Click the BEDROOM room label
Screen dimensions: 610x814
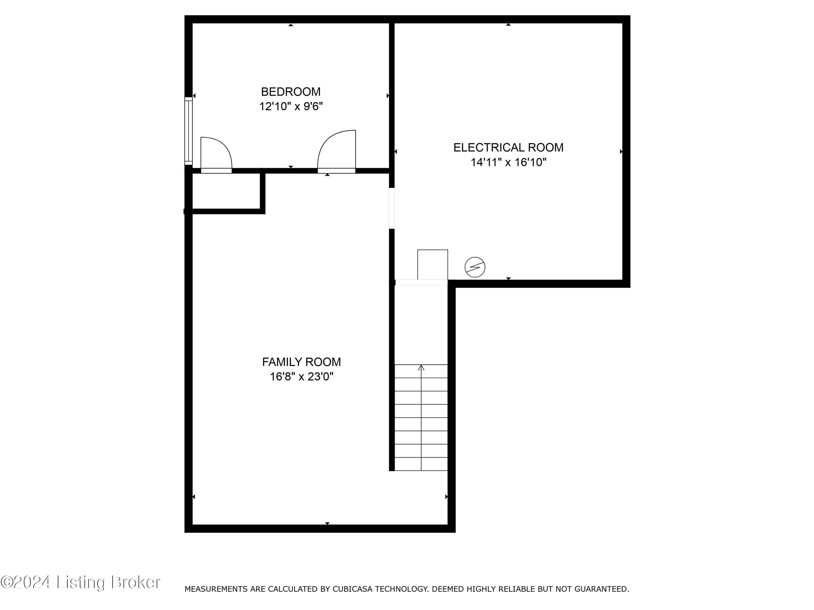[291, 92]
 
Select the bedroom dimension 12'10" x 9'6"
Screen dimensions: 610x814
[291, 107]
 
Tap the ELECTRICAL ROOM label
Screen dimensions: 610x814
[508, 147]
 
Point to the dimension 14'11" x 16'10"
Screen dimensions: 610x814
[508, 162]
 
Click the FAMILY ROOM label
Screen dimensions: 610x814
[301, 362]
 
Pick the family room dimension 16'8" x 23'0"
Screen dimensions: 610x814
[301, 377]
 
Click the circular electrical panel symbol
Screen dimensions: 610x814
[475, 267]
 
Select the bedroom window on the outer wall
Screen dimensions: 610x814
[188, 131]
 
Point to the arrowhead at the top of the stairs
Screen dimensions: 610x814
[421, 367]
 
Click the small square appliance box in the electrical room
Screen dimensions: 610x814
[433, 264]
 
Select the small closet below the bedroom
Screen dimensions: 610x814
[226, 191]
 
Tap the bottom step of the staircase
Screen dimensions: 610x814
[421, 464]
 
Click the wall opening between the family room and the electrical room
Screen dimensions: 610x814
[392, 208]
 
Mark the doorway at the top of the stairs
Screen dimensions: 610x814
[421, 282]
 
